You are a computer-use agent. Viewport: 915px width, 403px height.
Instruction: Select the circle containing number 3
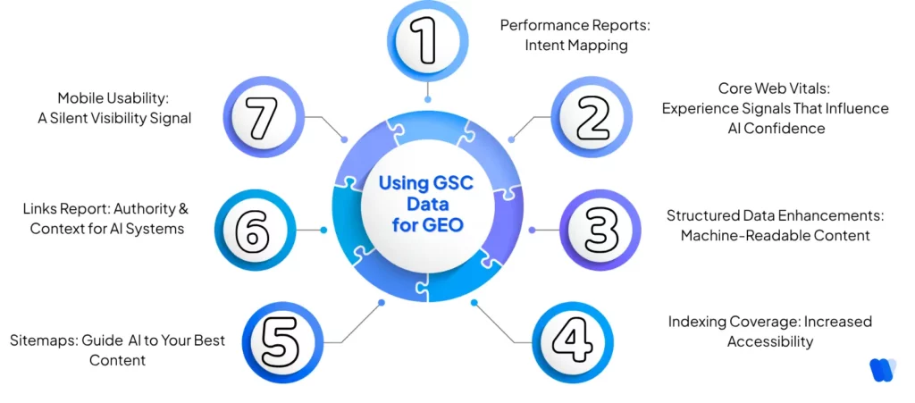click(600, 230)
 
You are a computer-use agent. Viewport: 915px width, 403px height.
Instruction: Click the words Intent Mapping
click(575, 45)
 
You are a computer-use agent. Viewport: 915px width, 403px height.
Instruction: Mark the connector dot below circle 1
click(428, 99)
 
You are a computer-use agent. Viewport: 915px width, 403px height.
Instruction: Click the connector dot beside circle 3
click(533, 230)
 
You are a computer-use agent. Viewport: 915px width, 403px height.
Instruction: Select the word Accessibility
click(769, 341)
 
